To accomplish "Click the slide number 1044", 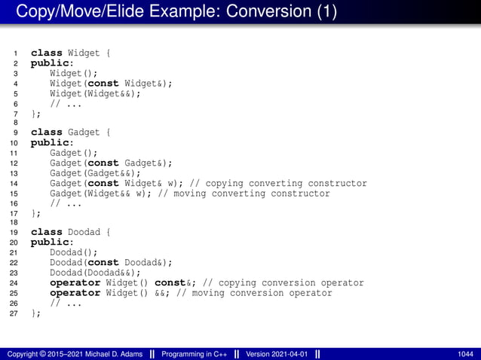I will point(465,353).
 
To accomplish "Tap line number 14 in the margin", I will point(13,183).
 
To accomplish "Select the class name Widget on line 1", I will point(84,53).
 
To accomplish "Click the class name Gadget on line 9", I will point(84,133).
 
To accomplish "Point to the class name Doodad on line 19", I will point(84,233).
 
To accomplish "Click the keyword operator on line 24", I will point(75,283).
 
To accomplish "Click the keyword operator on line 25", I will point(75,293).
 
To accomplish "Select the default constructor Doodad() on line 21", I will point(74,253).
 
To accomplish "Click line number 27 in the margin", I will point(13,313).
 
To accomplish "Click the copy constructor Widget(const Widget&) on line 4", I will point(111,83).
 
